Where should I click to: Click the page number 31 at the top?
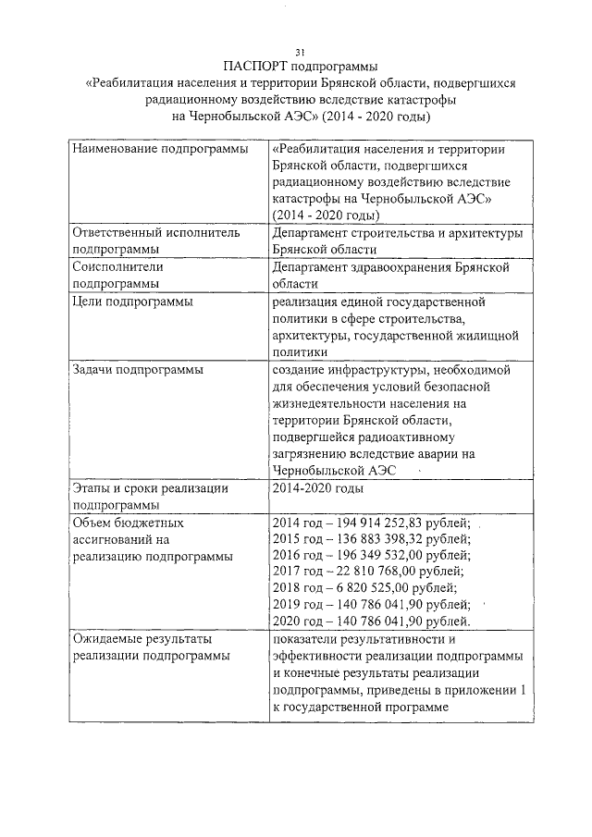(300, 51)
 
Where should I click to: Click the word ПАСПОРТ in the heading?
(255, 67)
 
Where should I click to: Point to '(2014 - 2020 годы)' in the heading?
(375, 117)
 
